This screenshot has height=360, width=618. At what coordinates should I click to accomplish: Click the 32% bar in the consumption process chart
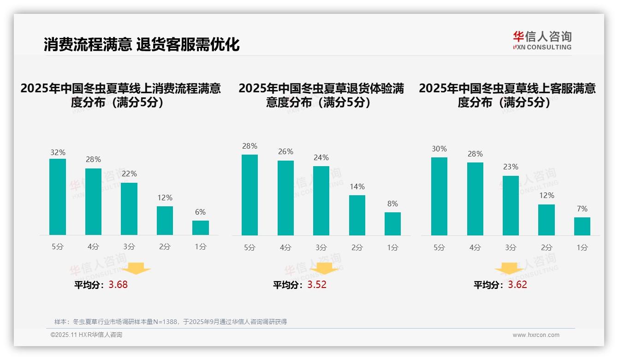pos(58,197)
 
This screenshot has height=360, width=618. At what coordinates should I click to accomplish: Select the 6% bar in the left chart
pos(201,228)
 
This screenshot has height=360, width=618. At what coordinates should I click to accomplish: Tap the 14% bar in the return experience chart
pos(357,216)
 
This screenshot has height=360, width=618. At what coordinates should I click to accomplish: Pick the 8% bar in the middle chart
pos(392,224)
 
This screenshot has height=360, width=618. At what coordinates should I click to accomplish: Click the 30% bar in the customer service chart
pos(439,197)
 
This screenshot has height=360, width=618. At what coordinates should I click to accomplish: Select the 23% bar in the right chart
pos(511,206)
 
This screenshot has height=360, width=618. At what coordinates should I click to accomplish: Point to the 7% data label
pos(582,209)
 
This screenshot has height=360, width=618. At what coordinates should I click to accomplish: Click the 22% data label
pos(129,174)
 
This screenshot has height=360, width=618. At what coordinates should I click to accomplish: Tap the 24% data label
pos(321,158)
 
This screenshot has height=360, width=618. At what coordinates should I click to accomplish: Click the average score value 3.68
pos(118,285)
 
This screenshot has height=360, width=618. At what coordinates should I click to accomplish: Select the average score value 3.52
pos(317,285)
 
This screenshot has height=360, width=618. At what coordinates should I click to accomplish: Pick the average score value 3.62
pos(517,285)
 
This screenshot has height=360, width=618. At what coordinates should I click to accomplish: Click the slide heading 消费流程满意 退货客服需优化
pos(142,44)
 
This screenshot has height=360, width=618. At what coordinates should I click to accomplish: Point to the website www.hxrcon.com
pos(536,335)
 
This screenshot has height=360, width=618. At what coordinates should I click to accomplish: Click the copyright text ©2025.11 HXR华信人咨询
pos(86,335)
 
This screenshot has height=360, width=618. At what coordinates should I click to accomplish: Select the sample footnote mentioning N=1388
pos(171,322)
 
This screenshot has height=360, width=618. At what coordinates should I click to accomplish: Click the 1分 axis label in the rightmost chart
pos(582,248)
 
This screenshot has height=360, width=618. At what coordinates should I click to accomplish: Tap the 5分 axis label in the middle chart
pos(250,248)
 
